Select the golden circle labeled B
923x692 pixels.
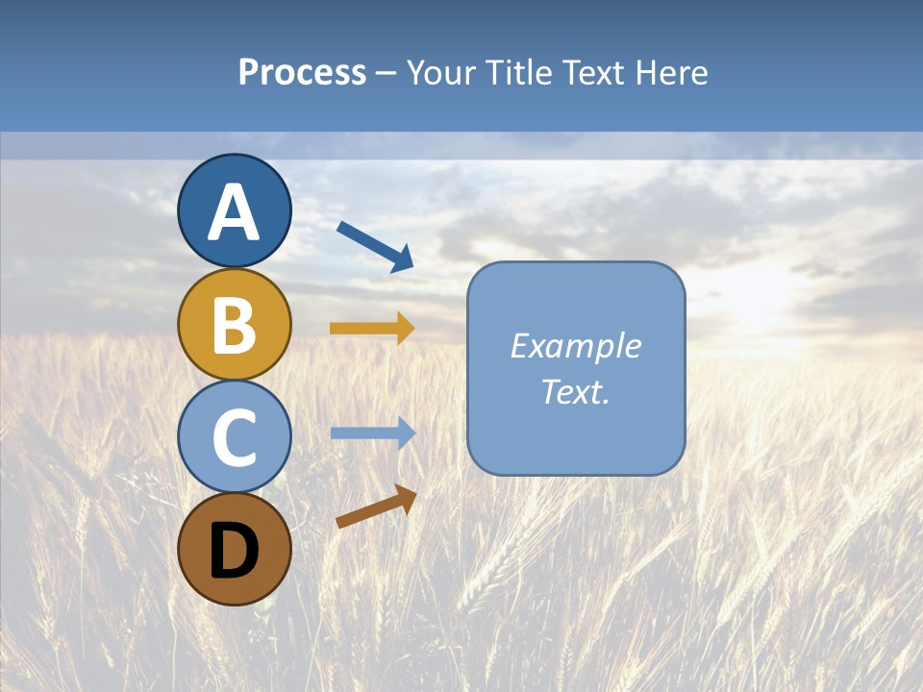coord(234,324)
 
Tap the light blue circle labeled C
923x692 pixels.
coord(234,436)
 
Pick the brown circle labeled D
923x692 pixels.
coord(234,549)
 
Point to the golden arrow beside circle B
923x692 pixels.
coord(371,328)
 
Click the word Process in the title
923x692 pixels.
coord(302,72)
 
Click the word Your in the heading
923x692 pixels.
coord(442,72)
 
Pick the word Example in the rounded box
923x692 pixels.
coord(575,346)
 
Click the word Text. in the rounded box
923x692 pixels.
coord(575,392)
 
